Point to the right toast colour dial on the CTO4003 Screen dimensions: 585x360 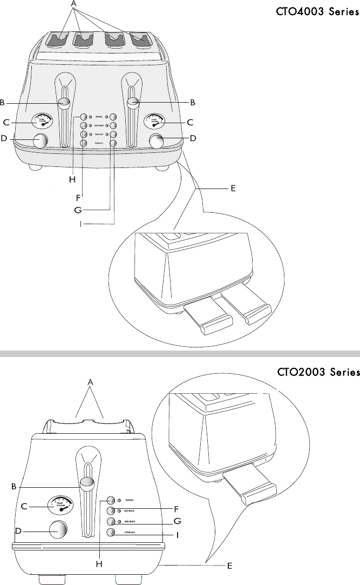click(155, 121)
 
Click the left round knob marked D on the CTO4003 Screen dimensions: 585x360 click(39, 140)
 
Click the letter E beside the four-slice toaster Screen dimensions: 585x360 click(234, 189)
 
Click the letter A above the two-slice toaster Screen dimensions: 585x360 click(91, 382)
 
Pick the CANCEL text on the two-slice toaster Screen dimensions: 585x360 click(133, 532)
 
